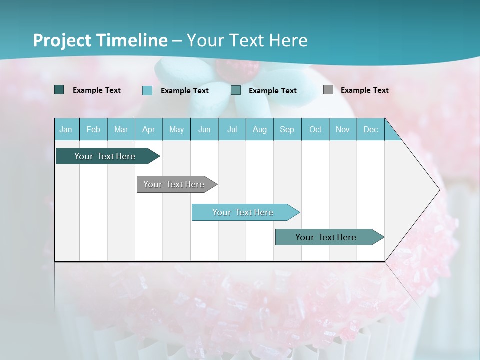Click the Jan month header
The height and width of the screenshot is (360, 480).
66,129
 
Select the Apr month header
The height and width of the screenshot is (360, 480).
149,129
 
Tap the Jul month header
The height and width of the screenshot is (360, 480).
232,129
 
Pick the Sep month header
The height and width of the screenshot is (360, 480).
287,129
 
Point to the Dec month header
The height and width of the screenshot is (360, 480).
370,129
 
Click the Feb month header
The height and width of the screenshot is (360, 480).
93,129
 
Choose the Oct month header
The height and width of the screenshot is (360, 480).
315,129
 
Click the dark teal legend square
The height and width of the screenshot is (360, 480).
59,90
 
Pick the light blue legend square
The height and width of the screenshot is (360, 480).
147,90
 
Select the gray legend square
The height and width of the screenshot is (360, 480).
328,90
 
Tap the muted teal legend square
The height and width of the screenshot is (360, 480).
236,90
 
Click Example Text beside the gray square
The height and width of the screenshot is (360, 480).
364,90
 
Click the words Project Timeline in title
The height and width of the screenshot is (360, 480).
100,40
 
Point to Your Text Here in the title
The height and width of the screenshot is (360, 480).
247,40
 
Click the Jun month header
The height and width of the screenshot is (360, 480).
204,129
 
